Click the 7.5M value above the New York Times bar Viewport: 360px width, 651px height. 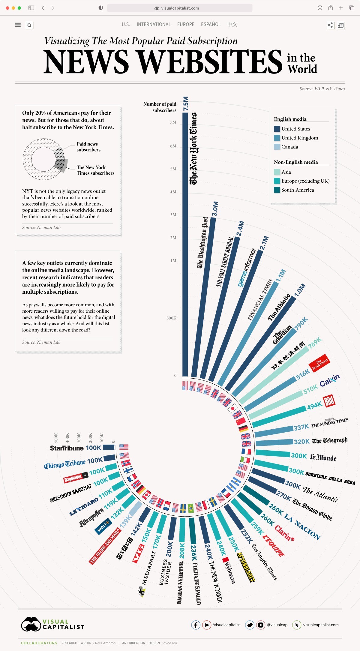pyautogui.click(x=186, y=103)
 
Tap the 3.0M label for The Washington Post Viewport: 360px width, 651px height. pyautogui.click(x=215, y=209)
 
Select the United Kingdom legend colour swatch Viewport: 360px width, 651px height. pyautogui.click(x=277, y=138)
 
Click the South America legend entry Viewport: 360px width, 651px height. pyautogui.click(x=297, y=190)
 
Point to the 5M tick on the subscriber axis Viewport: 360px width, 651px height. pyautogui.click(x=173, y=169)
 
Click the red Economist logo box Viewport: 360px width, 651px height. pyautogui.click(x=319, y=363)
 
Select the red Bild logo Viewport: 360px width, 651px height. pyautogui.click(x=329, y=401)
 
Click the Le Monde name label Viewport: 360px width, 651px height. pyautogui.click(x=323, y=457)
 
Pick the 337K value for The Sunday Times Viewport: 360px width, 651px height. pyautogui.click(x=301, y=427)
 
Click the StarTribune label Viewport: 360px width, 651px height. pyautogui.click(x=67, y=448)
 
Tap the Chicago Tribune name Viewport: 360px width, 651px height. pyautogui.click(x=65, y=464)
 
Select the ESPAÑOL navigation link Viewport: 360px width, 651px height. pyautogui.click(x=211, y=24)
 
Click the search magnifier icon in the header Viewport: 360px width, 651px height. pyautogui.click(x=29, y=25)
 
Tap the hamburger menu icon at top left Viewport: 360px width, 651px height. pyautogui.click(x=18, y=25)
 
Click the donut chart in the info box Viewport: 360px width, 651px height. pyautogui.click(x=44, y=159)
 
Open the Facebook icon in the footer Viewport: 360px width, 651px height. pyautogui.click(x=196, y=625)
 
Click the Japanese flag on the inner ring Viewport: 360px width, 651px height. pyautogui.click(x=232, y=408)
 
